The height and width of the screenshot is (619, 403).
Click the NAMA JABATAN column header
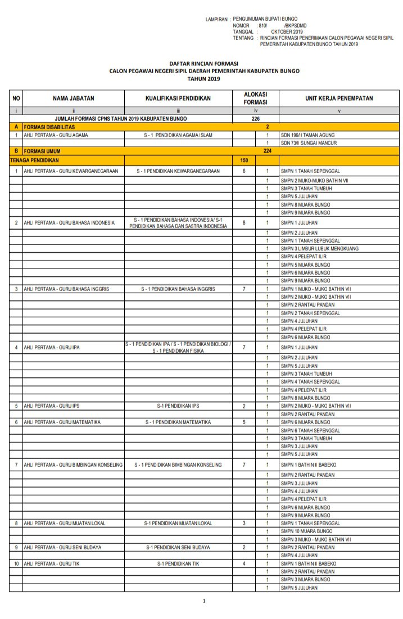[x=73, y=98]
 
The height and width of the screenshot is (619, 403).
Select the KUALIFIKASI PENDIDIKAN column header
[x=178, y=98]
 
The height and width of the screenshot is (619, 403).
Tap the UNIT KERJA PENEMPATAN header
[x=339, y=98]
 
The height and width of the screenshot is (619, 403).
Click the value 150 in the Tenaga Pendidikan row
[x=244, y=161]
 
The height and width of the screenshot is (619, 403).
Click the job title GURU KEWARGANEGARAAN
[x=71, y=171]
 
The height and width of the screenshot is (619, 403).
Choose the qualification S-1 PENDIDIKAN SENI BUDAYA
[x=178, y=547]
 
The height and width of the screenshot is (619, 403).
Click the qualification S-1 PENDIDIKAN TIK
[x=178, y=563]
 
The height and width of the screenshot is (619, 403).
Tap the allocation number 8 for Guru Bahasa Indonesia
[x=244, y=223]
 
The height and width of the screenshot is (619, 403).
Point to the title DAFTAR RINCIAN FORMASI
[x=204, y=64]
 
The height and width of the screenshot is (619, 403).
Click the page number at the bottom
[x=204, y=602]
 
